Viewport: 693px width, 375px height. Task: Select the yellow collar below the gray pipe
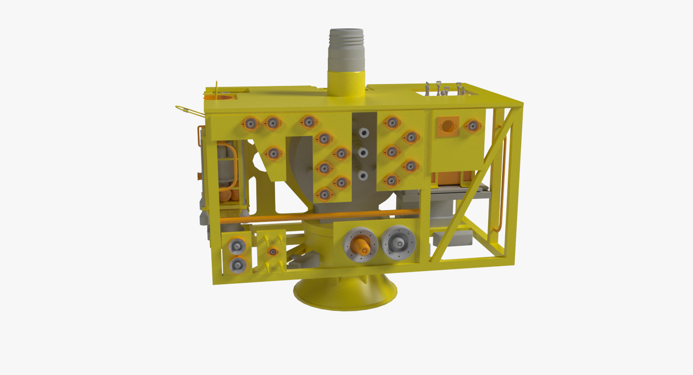[x=346, y=83]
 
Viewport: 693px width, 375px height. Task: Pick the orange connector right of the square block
[x=472, y=126]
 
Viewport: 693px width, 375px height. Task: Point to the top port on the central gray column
[x=363, y=133]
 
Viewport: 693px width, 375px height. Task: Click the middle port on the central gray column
[x=363, y=152]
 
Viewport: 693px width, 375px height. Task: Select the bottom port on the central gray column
[x=362, y=176]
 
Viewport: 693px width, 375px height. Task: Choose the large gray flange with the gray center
[x=399, y=243]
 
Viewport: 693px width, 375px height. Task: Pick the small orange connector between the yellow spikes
[x=273, y=251]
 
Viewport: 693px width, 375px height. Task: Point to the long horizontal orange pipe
[x=318, y=216]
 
